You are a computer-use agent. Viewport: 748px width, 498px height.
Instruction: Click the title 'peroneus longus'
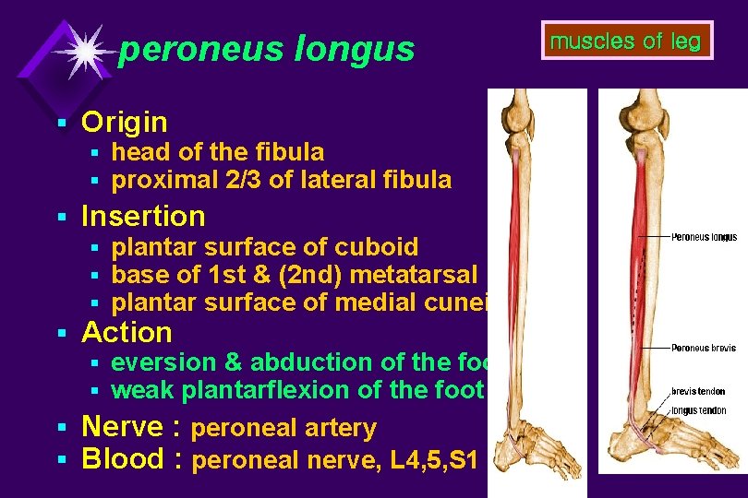coord(267,50)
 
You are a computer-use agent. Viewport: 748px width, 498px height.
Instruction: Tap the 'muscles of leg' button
coord(625,41)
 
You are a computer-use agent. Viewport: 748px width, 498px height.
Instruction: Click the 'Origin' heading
coord(125,122)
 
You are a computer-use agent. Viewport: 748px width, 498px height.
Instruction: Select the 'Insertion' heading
coord(143,217)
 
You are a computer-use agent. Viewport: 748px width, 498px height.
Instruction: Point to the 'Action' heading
coord(127,332)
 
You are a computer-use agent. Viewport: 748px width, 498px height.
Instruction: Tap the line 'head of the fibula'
coord(217,151)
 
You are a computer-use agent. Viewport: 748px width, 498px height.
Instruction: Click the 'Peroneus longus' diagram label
coord(705,237)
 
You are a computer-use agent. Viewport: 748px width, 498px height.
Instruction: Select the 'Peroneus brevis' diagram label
coord(704,349)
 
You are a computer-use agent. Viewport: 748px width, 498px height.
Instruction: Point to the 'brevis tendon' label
coord(698,392)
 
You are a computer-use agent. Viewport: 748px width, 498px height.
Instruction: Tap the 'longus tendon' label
coord(698,410)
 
